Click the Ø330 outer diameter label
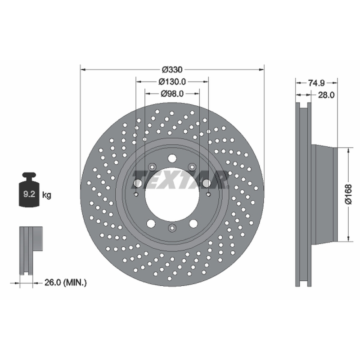click(x=172, y=69)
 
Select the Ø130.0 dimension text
click(x=172, y=81)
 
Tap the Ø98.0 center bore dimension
click(x=172, y=94)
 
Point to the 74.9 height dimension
click(x=316, y=83)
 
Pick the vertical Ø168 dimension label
click(x=348, y=194)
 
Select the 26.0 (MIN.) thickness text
click(x=65, y=283)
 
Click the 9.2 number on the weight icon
click(x=29, y=194)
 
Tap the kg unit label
click(x=47, y=195)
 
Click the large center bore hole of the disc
click(x=172, y=195)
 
